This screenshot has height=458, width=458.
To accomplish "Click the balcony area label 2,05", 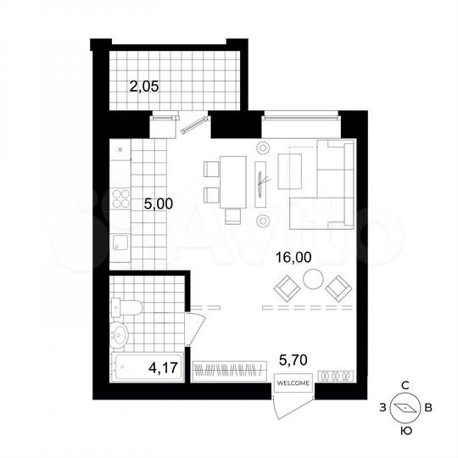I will point(144,85).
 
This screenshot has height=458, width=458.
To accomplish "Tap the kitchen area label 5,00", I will point(159,204).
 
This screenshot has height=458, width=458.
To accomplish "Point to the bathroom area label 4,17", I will point(164,368).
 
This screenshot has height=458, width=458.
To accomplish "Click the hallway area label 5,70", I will point(293,360).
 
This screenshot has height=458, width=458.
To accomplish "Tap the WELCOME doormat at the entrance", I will point(291,383).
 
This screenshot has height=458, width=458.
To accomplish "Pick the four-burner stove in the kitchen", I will point(120,200).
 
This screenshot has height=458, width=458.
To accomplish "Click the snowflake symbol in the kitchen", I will point(120,151).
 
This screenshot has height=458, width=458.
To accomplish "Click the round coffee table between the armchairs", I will point(313,279).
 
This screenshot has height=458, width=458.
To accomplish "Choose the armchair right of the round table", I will point(338,288).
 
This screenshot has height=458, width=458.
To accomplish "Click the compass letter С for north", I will point(406,386).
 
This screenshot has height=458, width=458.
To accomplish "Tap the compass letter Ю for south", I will point(406,431).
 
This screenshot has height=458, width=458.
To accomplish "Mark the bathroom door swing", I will point(195,326).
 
